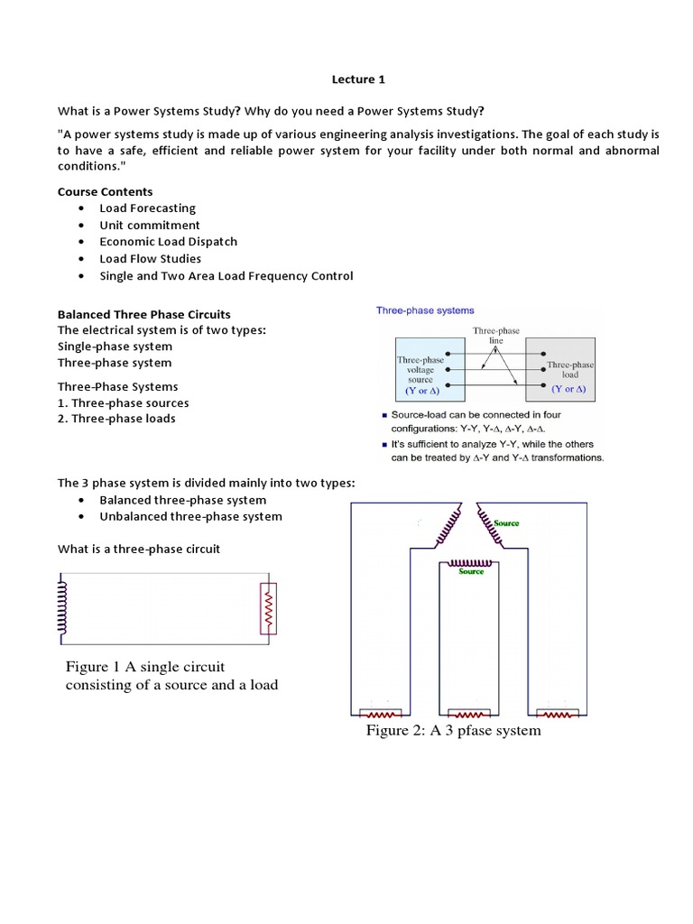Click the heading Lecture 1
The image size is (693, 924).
359,79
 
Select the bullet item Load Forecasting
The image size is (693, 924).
147,208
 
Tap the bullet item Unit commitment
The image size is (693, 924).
150,226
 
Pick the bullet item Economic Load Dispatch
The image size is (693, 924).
169,242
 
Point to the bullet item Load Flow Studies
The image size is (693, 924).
151,259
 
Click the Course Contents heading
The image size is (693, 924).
106,191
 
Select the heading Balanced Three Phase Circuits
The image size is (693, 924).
150,314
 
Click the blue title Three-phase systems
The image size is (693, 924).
425,310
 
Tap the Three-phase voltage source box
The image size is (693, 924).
420,369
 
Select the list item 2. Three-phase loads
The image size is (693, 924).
116,419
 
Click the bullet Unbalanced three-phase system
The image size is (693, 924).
190,517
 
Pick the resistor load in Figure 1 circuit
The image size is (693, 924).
267,609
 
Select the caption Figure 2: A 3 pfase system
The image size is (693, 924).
453,730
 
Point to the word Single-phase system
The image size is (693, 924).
115,346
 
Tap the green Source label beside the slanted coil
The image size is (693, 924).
506,523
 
